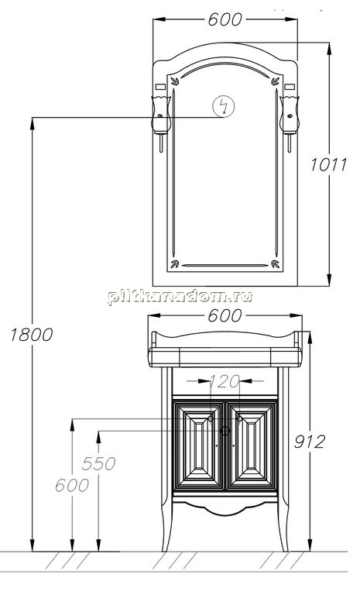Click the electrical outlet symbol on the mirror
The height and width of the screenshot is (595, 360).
(224, 106)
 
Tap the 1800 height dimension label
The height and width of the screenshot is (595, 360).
(32, 335)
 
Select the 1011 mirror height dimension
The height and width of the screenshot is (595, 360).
(328, 165)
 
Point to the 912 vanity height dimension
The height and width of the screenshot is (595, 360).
(310, 442)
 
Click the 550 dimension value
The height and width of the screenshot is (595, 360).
(98, 463)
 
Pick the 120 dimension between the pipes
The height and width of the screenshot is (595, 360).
(225, 381)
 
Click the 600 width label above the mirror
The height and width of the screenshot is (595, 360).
(225, 19)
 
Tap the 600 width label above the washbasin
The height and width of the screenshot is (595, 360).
(225, 315)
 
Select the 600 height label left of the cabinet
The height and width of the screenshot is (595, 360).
(72, 485)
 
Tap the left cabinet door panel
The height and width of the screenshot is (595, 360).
(198, 446)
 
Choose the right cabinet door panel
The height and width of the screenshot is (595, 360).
(252, 446)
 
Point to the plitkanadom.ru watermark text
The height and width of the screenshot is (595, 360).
(180, 297)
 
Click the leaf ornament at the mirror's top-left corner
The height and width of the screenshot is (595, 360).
(175, 81)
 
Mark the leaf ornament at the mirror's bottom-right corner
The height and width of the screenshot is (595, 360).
(276, 263)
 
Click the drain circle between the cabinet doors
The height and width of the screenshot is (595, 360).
(225, 431)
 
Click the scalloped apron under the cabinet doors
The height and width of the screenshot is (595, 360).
(225, 509)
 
